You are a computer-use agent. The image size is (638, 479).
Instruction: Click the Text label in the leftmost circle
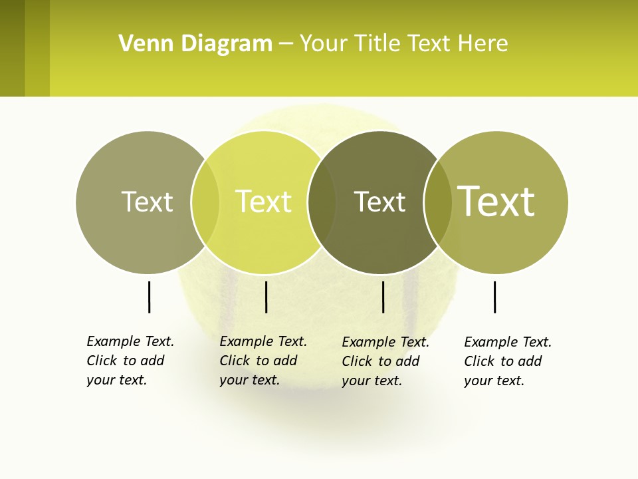[x=147, y=202]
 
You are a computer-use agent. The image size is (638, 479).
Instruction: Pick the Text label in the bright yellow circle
[x=263, y=202]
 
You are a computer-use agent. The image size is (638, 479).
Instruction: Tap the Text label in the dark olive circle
[x=379, y=202]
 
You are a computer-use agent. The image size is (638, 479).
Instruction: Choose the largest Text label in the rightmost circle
[x=496, y=202]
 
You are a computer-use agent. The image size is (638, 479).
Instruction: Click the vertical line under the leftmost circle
[x=149, y=297]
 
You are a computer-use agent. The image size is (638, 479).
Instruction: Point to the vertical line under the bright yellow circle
[x=266, y=297]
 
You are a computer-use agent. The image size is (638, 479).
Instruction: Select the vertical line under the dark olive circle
[x=383, y=297]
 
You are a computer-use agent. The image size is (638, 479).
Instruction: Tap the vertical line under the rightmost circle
[x=494, y=297]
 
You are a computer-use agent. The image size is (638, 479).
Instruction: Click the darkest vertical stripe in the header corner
[x=12, y=48]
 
